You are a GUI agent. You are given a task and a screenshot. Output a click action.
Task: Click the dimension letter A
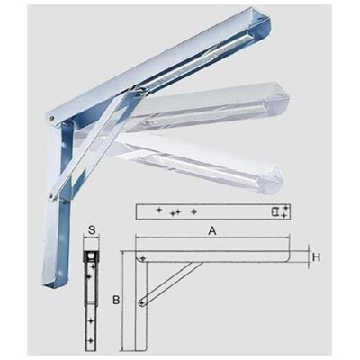(x=211, y=230)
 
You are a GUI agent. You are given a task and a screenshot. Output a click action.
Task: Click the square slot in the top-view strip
(x=274, y=212)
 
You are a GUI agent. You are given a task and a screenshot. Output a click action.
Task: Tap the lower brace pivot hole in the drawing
(x=142, y=304)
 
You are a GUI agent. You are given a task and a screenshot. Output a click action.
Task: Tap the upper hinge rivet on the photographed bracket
(x=53, y=118)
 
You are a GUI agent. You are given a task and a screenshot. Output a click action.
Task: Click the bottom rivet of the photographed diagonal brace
(x=52, y=190)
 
